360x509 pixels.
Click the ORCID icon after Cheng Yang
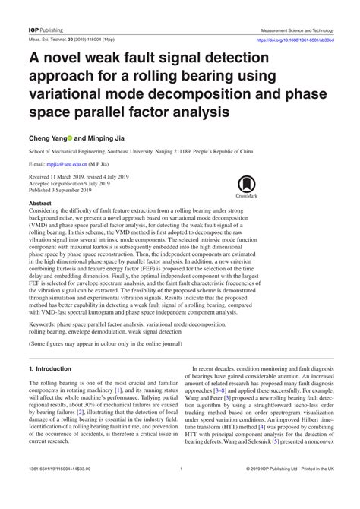[x=70, y=140]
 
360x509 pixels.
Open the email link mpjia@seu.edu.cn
[x=71, y=163]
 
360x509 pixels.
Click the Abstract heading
[x=39, y=204]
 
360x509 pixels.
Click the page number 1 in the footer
[x=180, y=491]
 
